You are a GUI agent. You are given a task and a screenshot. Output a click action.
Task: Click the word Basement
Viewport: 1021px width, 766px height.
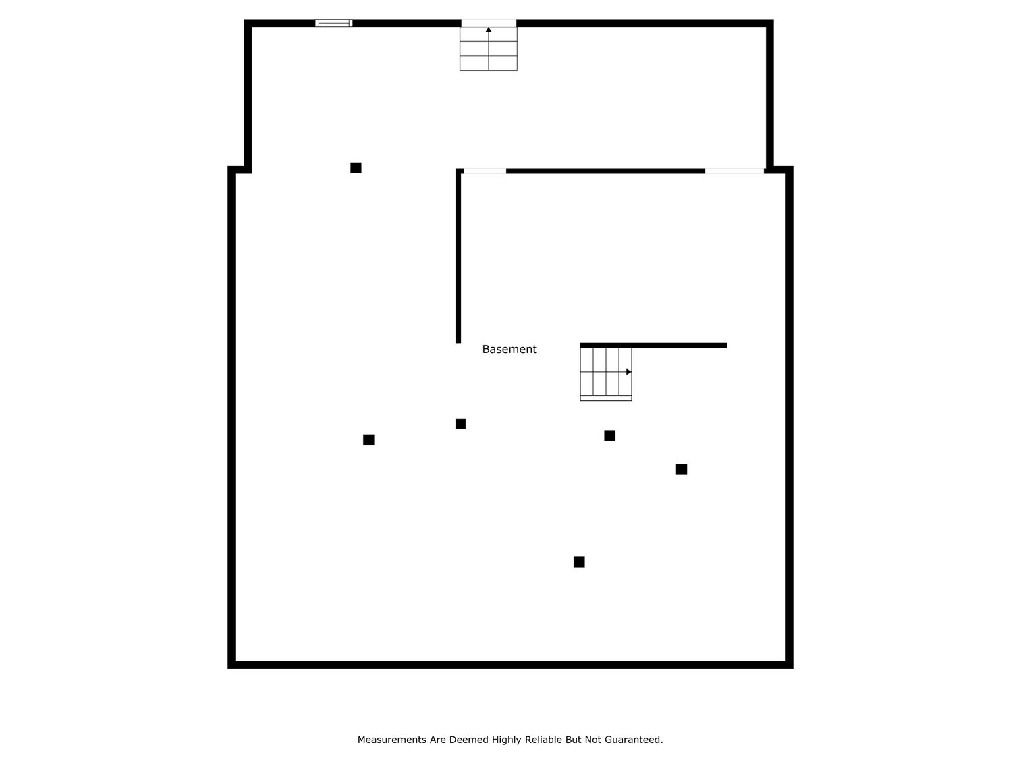(509, 349)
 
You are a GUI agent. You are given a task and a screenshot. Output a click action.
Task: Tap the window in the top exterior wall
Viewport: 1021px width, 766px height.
(333, 23)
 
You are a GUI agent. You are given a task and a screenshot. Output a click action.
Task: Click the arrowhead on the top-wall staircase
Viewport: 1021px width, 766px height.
(489, 30)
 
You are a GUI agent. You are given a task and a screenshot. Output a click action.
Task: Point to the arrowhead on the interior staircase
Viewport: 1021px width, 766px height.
(628, 372)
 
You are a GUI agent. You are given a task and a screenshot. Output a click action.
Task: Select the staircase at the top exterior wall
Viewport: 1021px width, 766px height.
(489, 47)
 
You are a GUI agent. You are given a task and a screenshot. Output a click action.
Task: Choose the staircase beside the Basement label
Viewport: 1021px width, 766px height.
(605, 373)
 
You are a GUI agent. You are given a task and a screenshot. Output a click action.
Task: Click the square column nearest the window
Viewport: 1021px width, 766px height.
(356, 168)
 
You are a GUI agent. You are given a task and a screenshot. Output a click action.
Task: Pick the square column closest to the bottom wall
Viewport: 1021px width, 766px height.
(579, 562)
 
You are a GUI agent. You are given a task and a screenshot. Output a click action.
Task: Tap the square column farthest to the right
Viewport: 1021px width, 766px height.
(682, 469)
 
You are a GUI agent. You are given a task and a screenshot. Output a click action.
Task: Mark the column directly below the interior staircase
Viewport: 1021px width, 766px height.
(609, 435)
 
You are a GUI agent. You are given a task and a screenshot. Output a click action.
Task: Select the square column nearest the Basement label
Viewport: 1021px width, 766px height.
(460, 424)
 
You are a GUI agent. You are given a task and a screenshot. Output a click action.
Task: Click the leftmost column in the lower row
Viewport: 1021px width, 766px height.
(368, 440)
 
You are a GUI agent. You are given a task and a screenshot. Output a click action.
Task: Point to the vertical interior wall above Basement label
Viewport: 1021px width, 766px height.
(458, 256)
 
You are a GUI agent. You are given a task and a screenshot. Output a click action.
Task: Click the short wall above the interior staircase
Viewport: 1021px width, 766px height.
(653, 345)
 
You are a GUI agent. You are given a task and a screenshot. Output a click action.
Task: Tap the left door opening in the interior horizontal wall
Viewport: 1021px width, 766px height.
(485, 171)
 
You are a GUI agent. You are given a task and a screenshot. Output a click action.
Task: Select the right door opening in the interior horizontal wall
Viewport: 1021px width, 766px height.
(734, 171)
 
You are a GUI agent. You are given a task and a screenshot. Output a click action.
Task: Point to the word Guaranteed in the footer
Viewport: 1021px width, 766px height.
(634, 740)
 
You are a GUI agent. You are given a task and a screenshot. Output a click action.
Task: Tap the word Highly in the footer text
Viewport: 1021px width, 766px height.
(506, 740)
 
